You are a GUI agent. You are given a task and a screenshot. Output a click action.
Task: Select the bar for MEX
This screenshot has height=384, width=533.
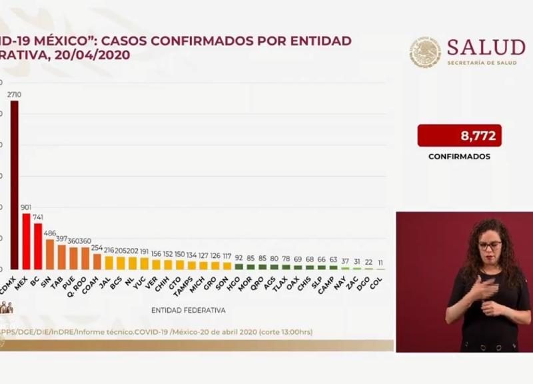click(26, 241)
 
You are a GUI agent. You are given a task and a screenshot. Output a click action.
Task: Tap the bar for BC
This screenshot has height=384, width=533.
click(38, 246)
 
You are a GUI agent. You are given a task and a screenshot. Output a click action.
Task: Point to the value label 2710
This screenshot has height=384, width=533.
click(14, 95)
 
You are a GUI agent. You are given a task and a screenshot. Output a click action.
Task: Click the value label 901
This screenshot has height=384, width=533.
click(26, 208)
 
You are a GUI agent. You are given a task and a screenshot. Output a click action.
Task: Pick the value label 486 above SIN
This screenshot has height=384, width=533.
click(50, 233)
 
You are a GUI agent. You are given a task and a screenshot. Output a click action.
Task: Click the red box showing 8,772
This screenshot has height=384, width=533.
click(459, 135)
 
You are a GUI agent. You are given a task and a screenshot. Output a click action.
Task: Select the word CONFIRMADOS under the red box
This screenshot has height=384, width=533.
click(459, 157)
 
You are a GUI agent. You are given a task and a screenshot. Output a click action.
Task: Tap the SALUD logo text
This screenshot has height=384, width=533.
click(486, 47)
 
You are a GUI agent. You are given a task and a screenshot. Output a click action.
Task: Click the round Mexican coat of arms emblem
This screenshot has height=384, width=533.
click(425, 52)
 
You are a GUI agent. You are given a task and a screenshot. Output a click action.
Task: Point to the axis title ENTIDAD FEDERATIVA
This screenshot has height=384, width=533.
click(188, 311)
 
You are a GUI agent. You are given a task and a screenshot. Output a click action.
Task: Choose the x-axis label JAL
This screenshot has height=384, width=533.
click(105, 281)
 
